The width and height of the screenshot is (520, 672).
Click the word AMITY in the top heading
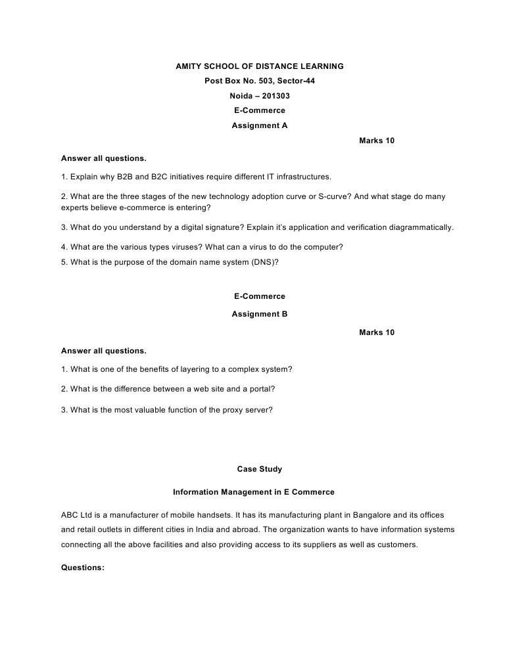[x=188, y=66]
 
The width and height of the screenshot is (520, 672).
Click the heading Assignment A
[x=260, y=125]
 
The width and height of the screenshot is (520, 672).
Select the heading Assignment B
[x=260, y=314]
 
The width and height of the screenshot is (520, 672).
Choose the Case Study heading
[x=260, y=469]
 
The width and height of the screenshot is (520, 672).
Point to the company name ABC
[x=70, y=516]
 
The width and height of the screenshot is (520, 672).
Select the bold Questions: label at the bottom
[x=83, y=568]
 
